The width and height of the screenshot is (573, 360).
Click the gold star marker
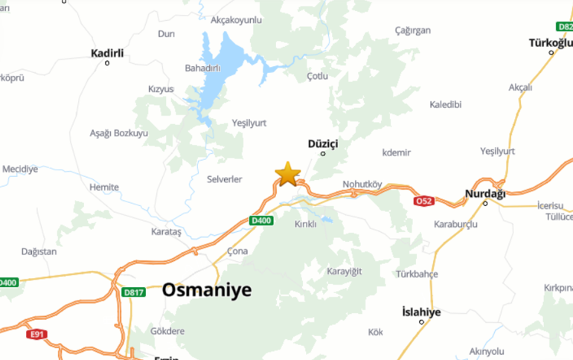point(287,174)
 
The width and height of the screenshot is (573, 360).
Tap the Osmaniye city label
point(207,290)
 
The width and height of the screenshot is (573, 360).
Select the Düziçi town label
point(323,142)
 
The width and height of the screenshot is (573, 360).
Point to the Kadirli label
point(106,53)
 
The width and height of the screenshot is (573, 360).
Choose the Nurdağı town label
point(484,193)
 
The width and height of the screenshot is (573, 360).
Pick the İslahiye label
point(420,312)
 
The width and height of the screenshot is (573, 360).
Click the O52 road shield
point(423,201)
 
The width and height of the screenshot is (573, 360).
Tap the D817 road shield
point(133,292)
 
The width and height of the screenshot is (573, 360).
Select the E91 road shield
point(36,334)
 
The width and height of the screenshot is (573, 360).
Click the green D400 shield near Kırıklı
point(261,220)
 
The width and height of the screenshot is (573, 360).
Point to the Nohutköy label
point(362,184)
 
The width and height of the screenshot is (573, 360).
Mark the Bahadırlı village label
point(202,68)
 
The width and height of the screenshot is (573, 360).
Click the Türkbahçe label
point(417,274)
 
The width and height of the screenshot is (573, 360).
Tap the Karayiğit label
point(344,271)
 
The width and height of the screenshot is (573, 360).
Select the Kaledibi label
point(446,104)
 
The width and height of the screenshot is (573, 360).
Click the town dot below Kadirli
point(107,63)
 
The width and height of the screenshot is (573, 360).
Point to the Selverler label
point(225,179)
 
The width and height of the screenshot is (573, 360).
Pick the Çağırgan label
point(413,30)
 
